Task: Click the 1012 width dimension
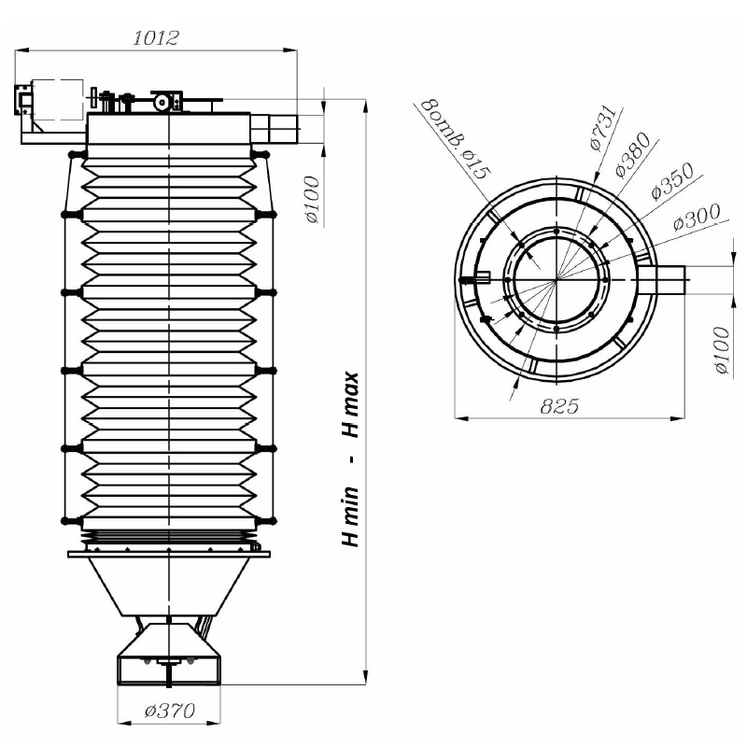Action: [156, 37]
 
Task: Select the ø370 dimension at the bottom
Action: [170, 711]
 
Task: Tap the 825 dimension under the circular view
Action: [559, 406]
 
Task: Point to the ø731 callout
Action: [603, 128]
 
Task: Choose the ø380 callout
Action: [633, 155]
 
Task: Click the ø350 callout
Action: [672, 181]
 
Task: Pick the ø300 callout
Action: [697, 218]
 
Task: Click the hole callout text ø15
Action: [473, 162]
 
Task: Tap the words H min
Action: [351, 516]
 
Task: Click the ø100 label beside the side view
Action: [312, 200]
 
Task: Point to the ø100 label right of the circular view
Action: [722, 350]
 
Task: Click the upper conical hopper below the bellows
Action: [169, 586]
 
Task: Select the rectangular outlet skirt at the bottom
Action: [169, 669]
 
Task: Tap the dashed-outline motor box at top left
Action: [58, 100]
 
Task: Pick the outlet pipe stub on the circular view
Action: [662, 281]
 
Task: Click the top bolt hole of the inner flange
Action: [556, 232]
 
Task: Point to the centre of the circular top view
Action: [556, 280]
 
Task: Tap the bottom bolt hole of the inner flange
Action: [556, 329]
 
